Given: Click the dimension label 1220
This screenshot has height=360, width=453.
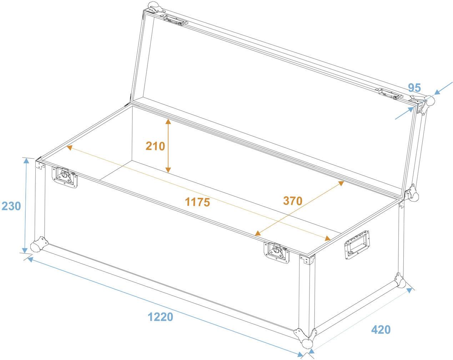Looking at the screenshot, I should (x=160, y=317).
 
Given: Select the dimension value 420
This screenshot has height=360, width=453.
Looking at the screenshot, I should (x=381, y=329).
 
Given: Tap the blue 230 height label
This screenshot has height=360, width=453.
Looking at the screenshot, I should (x=11, y=206).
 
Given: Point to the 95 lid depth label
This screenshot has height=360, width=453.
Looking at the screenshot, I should (x=414, y=87).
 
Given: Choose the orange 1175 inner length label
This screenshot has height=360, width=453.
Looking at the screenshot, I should (x=197, y=202).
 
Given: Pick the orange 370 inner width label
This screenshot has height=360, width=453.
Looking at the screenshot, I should (x=293, y=200).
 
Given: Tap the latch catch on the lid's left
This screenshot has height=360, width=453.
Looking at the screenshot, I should (x=177, y=20).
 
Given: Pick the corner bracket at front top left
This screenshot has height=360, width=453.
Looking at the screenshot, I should (x=40, y=165).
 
